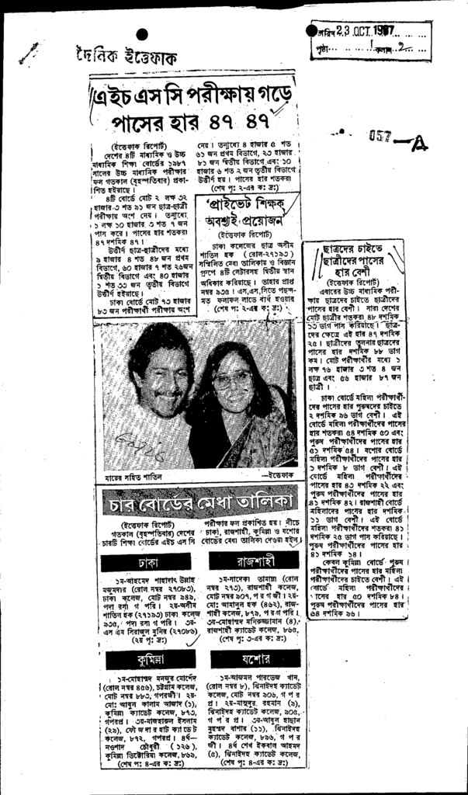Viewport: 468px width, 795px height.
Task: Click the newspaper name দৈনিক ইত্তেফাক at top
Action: pyautogui.click(x=125, y=57)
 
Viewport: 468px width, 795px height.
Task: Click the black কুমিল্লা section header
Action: pyautogui.click(x=140, y=660)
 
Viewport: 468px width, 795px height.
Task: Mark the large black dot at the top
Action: pyautogui.click(x=142, y=33)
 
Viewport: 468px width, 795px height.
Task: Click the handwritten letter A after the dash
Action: pyautogui.click(x=420, y=142)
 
